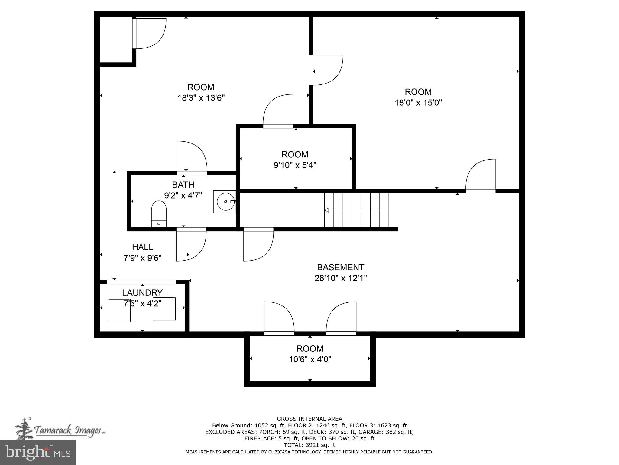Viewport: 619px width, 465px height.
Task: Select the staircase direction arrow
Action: pos(327,210)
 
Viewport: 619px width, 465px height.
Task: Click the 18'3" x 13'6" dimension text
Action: pos(201,98)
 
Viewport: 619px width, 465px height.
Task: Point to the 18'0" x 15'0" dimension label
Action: pos(418,103)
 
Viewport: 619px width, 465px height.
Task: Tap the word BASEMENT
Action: pos(340,267)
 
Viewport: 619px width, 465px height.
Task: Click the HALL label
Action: pos(142,247)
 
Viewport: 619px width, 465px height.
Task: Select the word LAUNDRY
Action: pos(142,293)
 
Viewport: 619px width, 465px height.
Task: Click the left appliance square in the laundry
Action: pos(119,310)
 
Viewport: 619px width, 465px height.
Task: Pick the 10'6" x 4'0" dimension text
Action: pos(310,359)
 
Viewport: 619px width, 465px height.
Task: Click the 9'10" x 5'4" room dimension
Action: pos(295,165)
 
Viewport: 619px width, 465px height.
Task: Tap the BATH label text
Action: pos(183,185)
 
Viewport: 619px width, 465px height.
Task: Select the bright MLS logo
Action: pos(37,452)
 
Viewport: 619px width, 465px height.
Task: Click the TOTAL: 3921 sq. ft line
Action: pos(309,445)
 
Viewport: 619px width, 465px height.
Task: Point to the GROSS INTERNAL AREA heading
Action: pos(309,419)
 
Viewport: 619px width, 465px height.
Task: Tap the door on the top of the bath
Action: pos(192,157)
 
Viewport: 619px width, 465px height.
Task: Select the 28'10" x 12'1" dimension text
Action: pos(341,278)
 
